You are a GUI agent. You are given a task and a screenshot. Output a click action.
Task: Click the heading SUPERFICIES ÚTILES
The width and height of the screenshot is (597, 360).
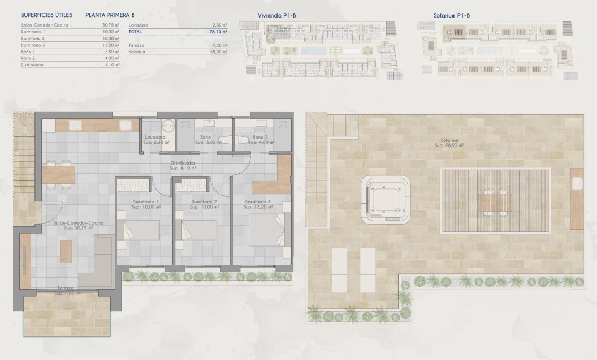(46, 15)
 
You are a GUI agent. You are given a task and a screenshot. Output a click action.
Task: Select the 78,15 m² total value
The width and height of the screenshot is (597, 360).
(218, 32)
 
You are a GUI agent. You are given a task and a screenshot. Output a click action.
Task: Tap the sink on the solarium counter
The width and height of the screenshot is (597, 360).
(576, 184)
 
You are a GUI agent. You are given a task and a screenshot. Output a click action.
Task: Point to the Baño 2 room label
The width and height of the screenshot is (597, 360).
(260, 138)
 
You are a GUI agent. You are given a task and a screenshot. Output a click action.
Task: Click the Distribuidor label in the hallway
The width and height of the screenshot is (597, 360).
(184, 163)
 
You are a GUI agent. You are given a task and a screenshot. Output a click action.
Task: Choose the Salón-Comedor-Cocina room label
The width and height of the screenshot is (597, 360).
(78, 223)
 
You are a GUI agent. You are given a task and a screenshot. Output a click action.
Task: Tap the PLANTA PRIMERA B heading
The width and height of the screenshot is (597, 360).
(110, 15)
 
